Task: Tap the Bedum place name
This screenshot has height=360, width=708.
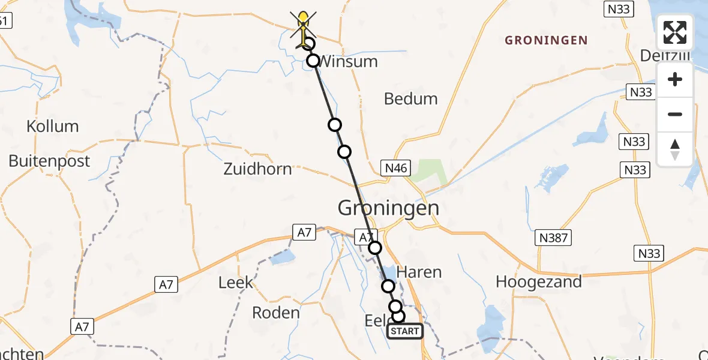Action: point(411,99)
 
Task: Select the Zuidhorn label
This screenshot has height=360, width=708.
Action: point(257,169)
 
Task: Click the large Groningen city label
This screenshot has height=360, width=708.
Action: point(388,208)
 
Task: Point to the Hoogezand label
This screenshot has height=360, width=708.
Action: point(539,281)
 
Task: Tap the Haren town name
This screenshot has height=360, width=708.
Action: point(420,272)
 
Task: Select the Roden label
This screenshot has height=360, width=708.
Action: point(275,313)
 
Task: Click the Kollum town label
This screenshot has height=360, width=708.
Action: point(52,127)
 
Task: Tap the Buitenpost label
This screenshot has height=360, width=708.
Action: point(49,161)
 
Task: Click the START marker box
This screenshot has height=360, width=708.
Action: point(405,331)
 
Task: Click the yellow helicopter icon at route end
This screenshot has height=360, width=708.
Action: point(304,27)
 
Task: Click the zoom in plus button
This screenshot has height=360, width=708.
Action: point(675,80)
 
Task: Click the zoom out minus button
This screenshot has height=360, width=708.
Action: point(675,114)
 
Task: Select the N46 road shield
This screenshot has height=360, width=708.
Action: point(395,169)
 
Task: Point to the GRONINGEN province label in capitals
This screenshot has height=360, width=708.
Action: point(546,41)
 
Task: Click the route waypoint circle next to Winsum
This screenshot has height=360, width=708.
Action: point(313,61)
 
